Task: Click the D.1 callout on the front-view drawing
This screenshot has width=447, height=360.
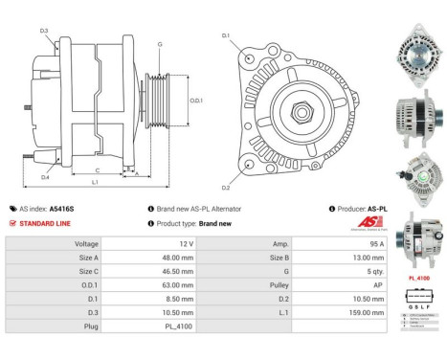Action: coord(226,35)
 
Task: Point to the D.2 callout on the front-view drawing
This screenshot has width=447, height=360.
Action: coord(226,187)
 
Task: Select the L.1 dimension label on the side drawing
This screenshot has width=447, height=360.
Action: coord(95,182)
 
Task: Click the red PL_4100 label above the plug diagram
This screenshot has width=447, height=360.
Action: coord(416,280)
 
